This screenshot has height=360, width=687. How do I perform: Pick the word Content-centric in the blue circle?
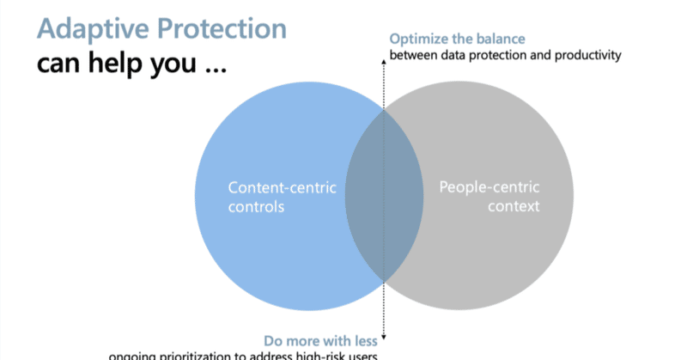tap(282, 186)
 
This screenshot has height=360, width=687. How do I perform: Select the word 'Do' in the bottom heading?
tap(271, 339)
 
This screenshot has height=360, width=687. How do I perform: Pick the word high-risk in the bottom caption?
tap(323, 356)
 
